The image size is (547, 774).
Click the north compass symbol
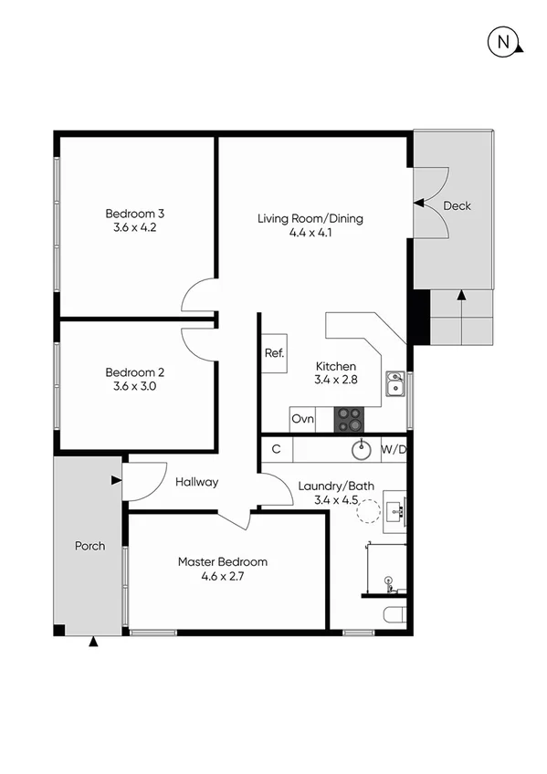503,42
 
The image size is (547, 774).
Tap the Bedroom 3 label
134,214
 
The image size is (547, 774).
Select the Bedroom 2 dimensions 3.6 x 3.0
134,386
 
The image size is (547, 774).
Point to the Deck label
457,206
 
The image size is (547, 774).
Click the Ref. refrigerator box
274,353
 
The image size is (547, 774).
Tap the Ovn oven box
302,420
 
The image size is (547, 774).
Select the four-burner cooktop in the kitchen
348,419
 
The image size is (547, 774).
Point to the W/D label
394,449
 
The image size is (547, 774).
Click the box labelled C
276,449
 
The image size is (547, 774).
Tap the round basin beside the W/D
362,448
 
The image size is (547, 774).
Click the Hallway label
197,482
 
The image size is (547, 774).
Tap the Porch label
89,546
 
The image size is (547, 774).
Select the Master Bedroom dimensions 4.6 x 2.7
223,576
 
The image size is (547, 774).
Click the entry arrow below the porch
92,643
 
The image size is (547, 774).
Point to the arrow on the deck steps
461,296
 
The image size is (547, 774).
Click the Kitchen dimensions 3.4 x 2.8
334,379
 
